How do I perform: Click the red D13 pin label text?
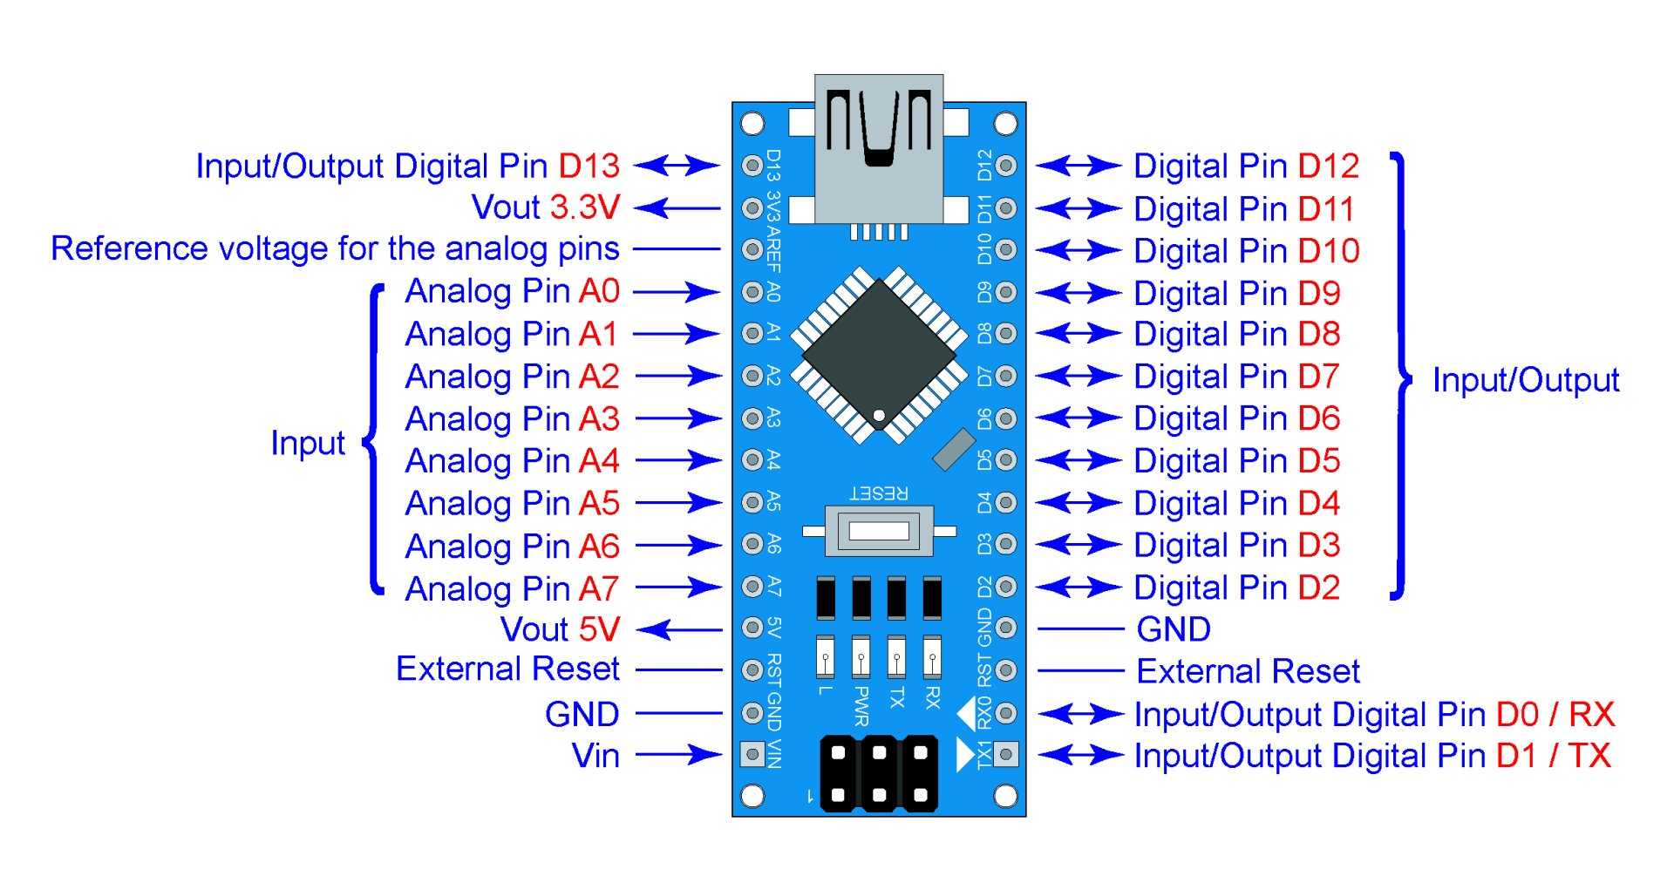tap(589, 166)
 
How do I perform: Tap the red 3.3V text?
tap(584, 207)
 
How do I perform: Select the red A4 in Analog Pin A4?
tap(599, 460)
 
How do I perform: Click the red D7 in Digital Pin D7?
tap(1318, 377)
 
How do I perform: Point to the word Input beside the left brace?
tap(308, 443)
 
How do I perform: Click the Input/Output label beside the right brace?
tap(1526, 380)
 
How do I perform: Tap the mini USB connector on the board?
tap(879, 148)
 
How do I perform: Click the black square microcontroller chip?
tap(879, 354)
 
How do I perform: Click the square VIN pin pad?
tap(752, 753)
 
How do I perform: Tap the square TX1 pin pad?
tap(1005, 753)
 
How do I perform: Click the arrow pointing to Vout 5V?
tap(678, 629)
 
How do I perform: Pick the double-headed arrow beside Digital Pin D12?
tap(1079, 166)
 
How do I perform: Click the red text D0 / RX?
tap(1555, 714)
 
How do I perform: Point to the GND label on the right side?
tap(1174, 629)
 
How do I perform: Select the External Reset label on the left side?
tap(507, 669)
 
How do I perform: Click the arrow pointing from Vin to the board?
tap(678, 755)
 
